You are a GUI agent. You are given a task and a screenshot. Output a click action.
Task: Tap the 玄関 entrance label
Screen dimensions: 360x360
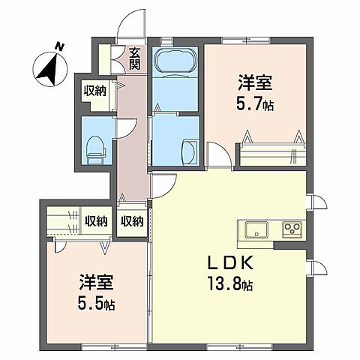(x=133, y=58)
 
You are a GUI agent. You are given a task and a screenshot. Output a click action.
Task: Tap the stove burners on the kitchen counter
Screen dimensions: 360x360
(x=292, y=229)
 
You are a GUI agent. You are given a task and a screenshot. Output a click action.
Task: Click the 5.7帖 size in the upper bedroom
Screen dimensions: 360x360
(x=256, y=105)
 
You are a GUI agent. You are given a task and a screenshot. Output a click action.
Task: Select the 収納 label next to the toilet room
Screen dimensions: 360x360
(x=94, y=91)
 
